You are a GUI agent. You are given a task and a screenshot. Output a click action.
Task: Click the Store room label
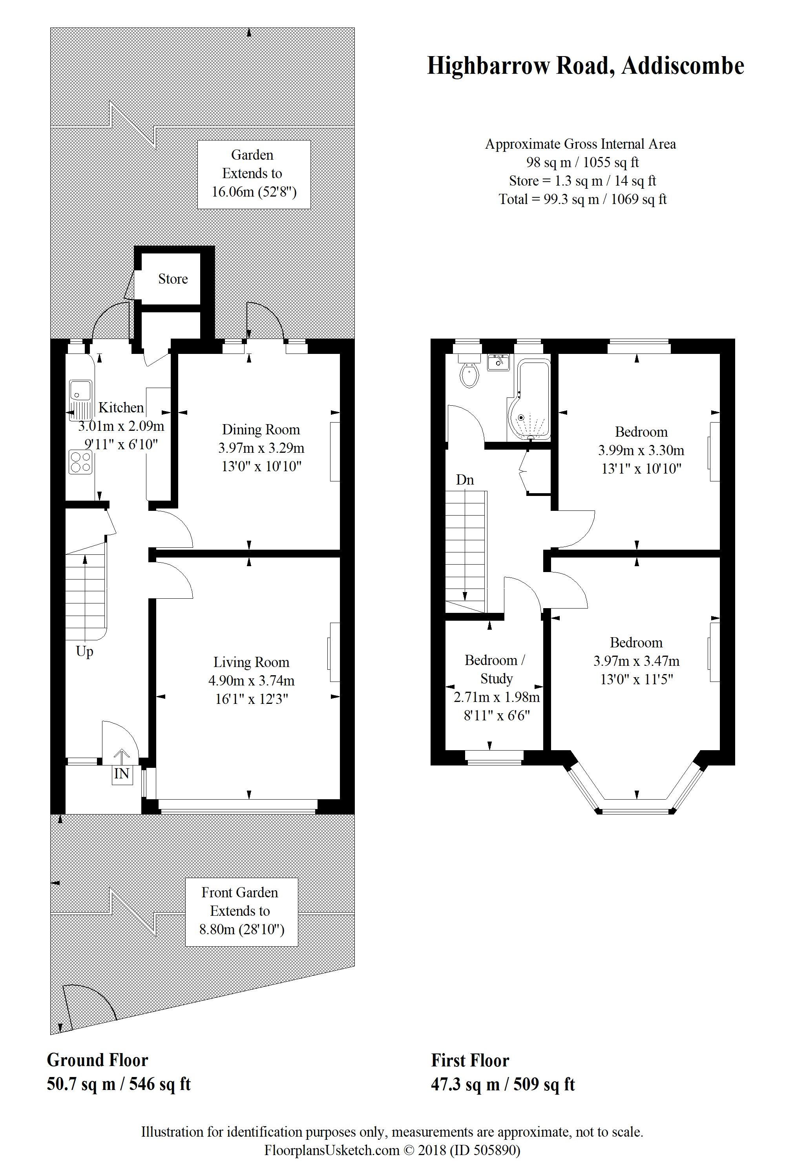pos(173,279)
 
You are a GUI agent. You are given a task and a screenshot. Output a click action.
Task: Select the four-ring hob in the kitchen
pos(80,462)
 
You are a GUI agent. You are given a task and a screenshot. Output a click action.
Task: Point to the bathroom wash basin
pos(498,361)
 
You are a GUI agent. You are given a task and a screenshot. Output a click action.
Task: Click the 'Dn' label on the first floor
pos(465,480)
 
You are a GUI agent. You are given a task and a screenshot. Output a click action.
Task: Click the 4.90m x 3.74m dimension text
pos(251,681)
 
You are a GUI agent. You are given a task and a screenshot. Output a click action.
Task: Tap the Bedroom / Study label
pos(495,669)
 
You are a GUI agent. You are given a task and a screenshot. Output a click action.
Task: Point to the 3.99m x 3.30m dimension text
pos(641,450)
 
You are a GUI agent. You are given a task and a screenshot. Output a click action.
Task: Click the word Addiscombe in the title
pos(683,66)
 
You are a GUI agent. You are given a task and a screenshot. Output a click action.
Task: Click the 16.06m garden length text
pos(254,191)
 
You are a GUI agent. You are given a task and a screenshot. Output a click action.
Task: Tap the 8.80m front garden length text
pos(242,929)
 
